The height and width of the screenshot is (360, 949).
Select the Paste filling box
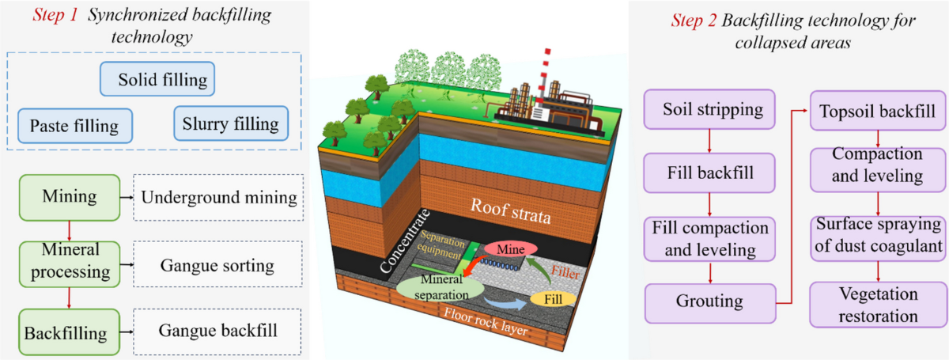(74, 125)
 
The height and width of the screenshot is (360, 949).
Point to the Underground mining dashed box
(217, 197)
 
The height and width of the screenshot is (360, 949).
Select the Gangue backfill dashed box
(217, 330)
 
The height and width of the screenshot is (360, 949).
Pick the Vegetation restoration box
(879, 305)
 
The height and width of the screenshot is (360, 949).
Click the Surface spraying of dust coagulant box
(879, 236)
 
